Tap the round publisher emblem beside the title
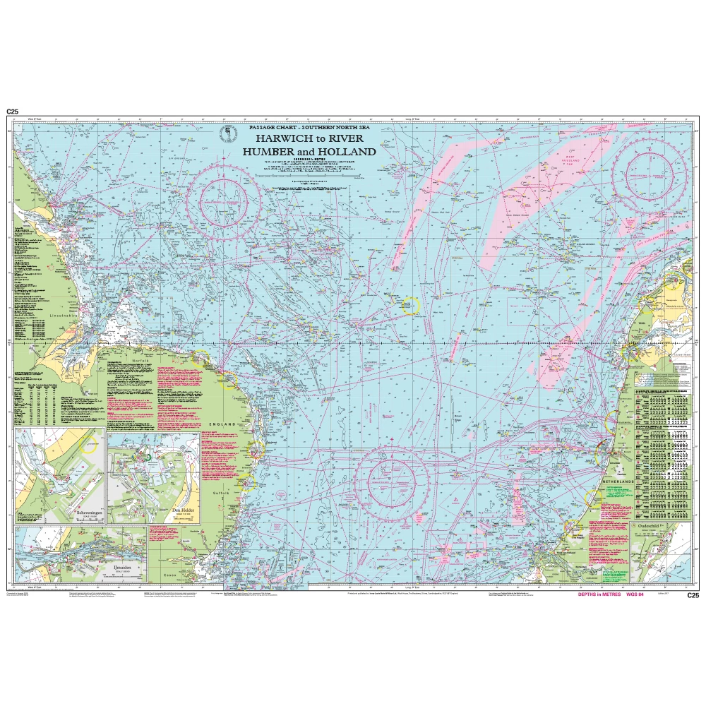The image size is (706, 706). click(227, 133)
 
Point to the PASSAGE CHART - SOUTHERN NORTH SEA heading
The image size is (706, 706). click(309, 127)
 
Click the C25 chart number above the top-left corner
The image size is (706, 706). click(11, 112)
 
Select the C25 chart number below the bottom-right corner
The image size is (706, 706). click(693, 596)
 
